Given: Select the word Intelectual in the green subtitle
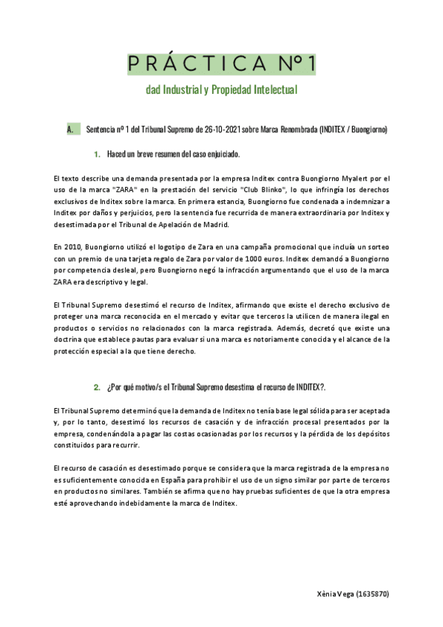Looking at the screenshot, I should pos(267,91).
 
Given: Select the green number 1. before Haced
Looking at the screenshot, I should pos(97,155).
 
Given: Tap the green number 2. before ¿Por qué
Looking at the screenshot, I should pos(97,387).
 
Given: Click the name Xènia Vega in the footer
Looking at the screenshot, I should pos(337,594).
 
